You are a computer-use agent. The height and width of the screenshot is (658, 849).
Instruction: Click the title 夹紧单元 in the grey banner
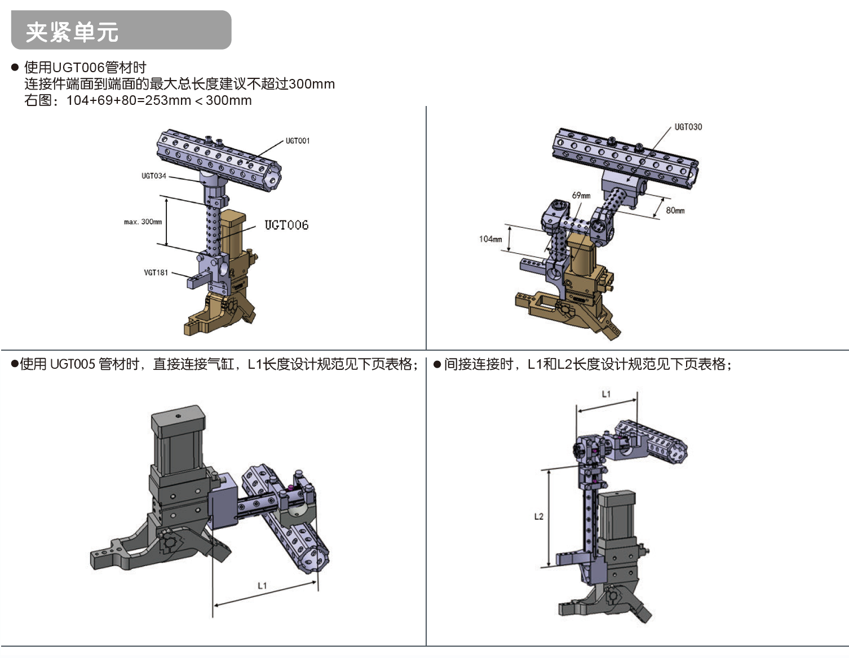[72, 32]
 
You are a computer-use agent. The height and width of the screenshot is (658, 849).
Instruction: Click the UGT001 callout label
[298, 140]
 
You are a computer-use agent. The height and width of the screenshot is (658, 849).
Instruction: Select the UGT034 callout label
[154, 176]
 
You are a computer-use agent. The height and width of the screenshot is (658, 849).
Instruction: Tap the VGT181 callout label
[156, 272]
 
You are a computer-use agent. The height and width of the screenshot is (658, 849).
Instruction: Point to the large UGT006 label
[286, 225]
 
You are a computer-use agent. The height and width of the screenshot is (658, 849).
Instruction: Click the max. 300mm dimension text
[143, 222]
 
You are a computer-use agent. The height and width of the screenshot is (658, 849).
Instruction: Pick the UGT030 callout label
[688, 127]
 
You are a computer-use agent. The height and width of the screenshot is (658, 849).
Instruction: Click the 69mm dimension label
[581, 195]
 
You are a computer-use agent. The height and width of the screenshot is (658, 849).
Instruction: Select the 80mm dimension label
[675, 210]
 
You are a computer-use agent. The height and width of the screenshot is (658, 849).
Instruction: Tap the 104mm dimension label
[490, 239]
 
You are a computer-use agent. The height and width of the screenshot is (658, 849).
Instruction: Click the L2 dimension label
[539, 516]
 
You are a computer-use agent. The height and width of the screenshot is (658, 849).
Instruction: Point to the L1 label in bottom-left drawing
[262, 585]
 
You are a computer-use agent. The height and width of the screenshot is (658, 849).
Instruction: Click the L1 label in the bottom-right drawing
[606, 394]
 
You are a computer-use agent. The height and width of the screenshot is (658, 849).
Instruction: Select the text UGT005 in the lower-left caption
[73, 364]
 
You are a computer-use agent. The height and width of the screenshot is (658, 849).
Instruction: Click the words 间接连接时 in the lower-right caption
[479, 364]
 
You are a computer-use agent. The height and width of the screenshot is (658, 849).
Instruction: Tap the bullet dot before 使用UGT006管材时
[15, 67]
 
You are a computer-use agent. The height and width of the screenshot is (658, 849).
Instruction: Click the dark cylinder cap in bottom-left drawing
[179, 421]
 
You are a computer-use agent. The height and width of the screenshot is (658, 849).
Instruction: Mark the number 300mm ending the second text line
[311, 84]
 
